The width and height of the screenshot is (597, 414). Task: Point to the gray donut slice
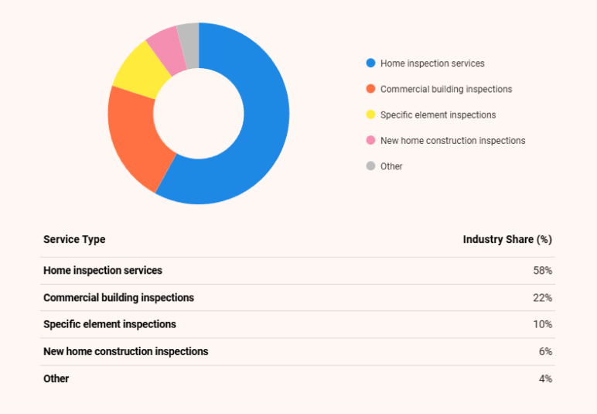[x=189, y=35]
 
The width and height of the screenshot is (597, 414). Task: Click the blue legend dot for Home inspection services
[x=370, y=63]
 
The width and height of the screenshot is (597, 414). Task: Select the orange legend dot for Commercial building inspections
[x=370, y=89]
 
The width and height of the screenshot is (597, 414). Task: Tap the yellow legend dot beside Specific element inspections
[x=370, y=115]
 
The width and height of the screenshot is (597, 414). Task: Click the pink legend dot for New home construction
[x=370, y=140]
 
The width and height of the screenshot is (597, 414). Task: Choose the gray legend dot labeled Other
[x=370, y=166]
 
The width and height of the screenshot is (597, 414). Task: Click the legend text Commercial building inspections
[x=446, y=89]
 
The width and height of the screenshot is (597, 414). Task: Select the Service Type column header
[x=74, y=240]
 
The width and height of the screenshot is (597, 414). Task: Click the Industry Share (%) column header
[x=507, y=240]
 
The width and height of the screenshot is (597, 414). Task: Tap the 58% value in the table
[x=542, y=271]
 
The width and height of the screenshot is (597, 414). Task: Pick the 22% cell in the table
[x=542, y=298]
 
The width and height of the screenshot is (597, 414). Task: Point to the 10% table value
[x=542, y=324]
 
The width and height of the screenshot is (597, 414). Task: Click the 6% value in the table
[x=545, y=351]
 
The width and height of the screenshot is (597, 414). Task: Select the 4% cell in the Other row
[x=545, y=378]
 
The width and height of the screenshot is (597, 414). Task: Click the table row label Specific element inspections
[x=110, y=324]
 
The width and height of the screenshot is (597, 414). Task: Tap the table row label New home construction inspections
[x=126, y=351]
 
